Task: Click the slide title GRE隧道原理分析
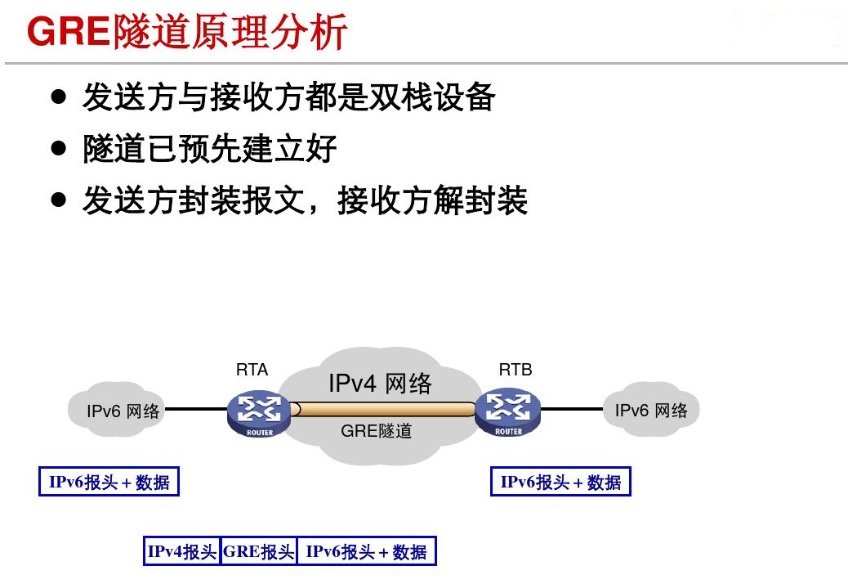click(188, 34)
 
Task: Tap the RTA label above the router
click(252, 370)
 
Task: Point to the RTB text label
click(515, 370)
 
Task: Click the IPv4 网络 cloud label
click(379, 383)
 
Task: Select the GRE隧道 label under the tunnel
click(377, 431)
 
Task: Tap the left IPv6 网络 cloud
click(123, 411)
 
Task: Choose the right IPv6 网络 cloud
click(651, 410)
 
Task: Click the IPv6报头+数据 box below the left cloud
click(109, 482)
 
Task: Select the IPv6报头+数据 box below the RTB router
click(560, 482)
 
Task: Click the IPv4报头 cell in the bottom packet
click(182, 551)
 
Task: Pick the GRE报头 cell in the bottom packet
click(258, 551)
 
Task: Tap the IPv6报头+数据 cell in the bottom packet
click(366, 551)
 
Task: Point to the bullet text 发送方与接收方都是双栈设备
click(288, 98)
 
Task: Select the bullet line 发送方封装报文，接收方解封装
click(305, 200)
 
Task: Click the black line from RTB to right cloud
click(572, 408)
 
